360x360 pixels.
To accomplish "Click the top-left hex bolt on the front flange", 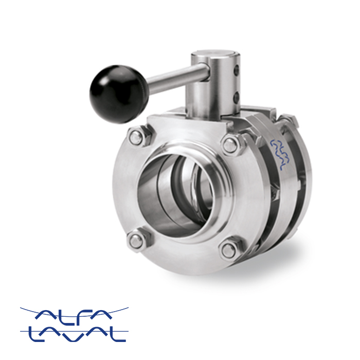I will click(x=135, y=138).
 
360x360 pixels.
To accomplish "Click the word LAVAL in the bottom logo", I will click(x=75, y=334).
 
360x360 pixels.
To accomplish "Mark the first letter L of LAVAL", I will click(x=35, y=334).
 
